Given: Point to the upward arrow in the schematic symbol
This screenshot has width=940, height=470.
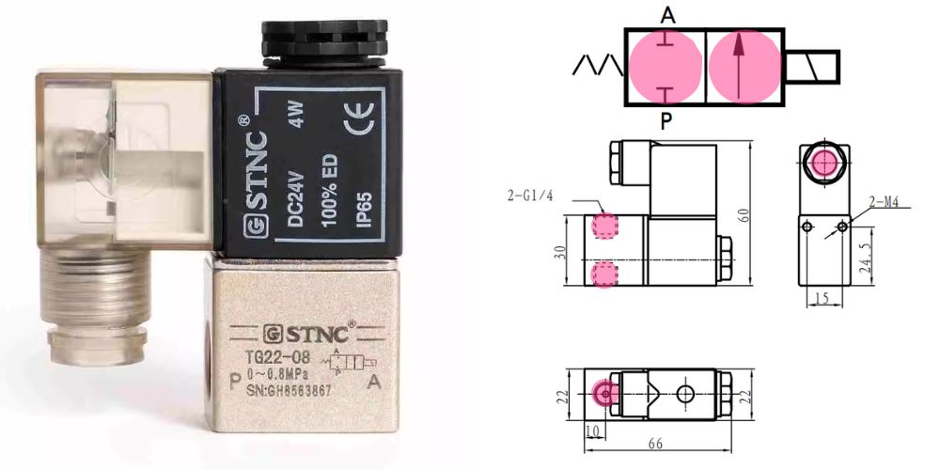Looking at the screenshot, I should pyautogui.click(x=742, y=66).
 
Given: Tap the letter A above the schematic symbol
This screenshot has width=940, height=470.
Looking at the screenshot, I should pyautogui.click(x=666, y=15).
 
